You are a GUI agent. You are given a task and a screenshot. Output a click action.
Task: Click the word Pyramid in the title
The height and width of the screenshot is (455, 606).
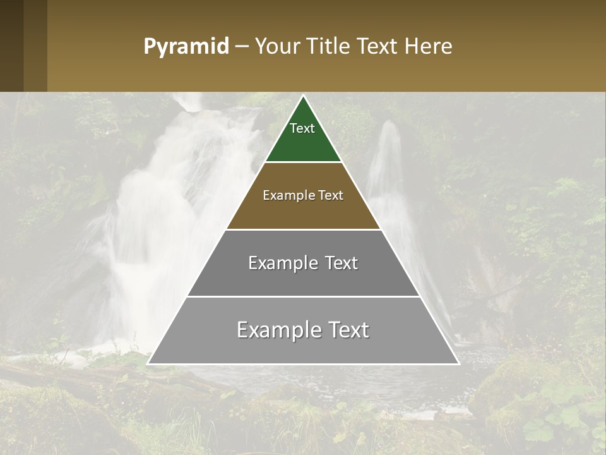click(186, 46)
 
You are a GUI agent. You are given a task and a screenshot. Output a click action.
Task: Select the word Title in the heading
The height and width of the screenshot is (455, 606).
click(328, 46)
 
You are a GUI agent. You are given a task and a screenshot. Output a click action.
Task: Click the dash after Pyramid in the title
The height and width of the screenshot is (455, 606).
click(242, 47)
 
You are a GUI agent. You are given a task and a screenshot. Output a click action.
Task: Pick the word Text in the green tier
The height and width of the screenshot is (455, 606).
click(302, 128)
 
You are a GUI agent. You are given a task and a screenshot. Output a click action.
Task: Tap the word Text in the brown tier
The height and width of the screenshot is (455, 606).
click(331, 195)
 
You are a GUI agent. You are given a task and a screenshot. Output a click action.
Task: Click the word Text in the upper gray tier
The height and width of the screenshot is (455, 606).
click(341, 263)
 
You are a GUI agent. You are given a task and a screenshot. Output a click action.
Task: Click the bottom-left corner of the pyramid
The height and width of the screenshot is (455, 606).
click(148, 363)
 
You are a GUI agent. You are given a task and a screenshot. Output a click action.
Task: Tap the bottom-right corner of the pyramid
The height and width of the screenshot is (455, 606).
click(458, 363)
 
